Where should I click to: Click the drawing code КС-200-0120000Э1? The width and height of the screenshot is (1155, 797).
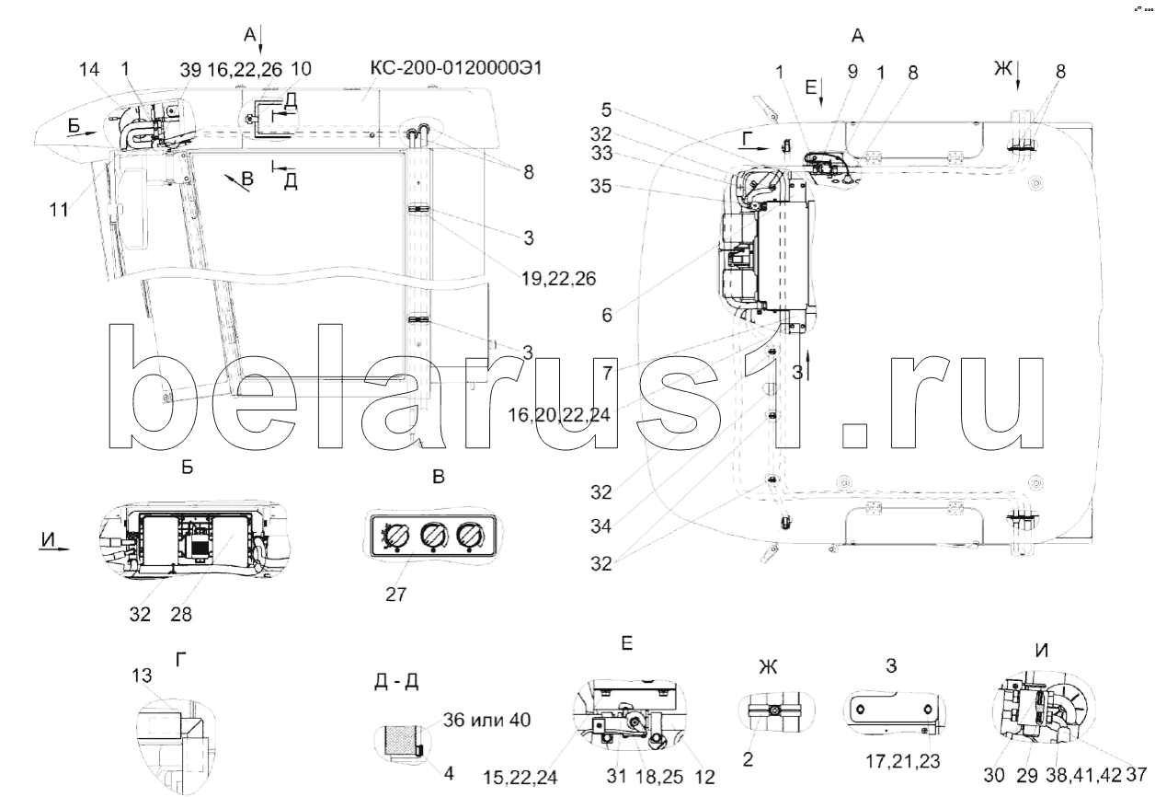click(456, 67)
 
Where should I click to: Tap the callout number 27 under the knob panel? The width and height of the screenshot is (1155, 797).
click(395, 595)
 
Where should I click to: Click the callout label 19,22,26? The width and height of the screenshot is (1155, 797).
click(558, 279)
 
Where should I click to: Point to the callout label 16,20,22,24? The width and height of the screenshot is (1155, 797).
click(559, 414)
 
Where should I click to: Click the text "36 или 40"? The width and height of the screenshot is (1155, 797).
click(486, 720)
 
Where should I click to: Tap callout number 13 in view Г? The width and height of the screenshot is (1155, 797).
click(142, 676)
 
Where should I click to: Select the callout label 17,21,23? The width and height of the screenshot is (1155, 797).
click(902, 761)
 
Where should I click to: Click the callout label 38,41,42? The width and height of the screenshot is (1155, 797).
click(1084, 775)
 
